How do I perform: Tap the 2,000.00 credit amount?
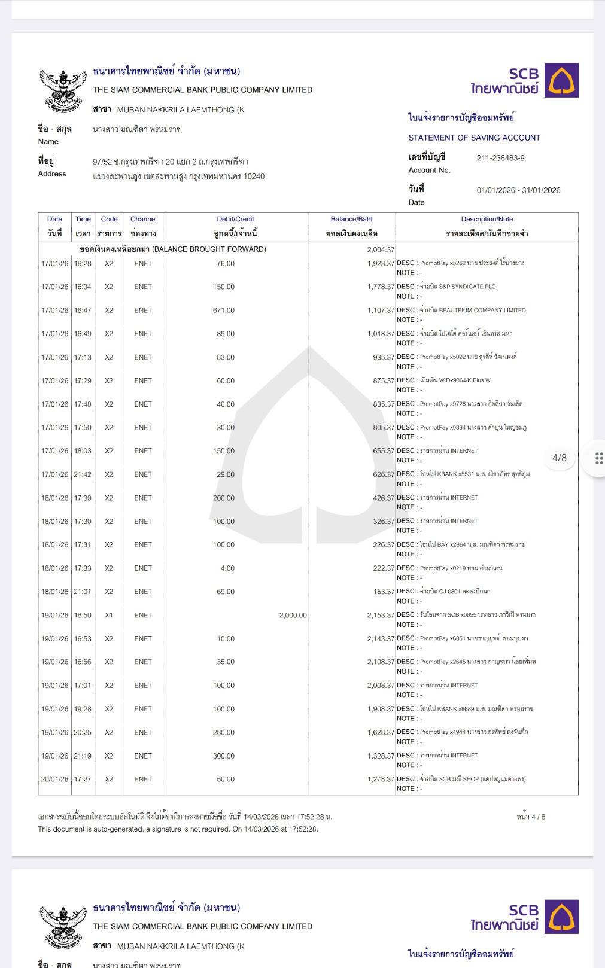(293, 615)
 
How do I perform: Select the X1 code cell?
(109, 615)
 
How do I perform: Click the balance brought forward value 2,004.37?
(381, 249)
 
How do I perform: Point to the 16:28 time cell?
(83, 263)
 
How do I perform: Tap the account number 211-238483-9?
(500, 158)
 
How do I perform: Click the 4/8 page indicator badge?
(559, 458)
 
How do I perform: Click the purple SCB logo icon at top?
(561, 80)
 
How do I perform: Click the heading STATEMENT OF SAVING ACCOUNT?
(474, 138)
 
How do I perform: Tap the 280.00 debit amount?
(224, 732)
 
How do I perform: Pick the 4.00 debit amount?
(227, 568)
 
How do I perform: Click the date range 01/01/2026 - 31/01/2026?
(518, 190)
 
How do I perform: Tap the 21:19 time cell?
(83, 756)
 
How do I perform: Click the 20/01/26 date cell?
(54, 779)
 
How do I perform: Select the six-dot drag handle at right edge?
(599, 458)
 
